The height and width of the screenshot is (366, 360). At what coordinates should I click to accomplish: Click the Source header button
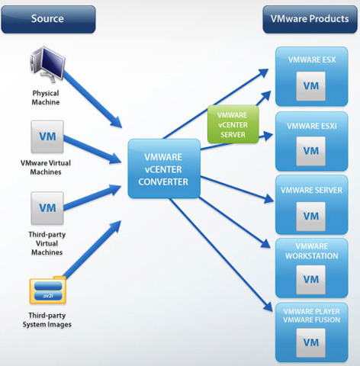[x=48, y=19]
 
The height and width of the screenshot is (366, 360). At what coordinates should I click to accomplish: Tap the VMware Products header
[x=310, y=19]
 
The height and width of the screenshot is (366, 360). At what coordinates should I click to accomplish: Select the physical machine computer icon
[x=47, y=64]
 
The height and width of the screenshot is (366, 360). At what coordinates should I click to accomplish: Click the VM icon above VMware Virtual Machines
[x=47, y=136]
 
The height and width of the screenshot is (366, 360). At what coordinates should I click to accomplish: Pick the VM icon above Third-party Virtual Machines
[x=47, y=208]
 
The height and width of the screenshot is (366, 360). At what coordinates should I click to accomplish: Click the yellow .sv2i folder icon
[x=48, y=290]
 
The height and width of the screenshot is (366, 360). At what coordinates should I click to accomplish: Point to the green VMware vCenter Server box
[x=233, y=124]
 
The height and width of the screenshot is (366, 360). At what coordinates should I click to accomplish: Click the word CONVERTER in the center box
[x=163, y=182]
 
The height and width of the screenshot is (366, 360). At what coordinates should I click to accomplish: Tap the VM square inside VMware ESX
[x=310, y=86]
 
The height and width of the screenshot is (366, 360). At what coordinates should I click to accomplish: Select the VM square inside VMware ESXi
[x=310, y=151]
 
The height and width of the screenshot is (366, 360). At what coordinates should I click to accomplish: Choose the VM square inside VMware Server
[x=310, y=217]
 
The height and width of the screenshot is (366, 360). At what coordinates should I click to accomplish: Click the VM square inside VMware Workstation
[x=310, y=280]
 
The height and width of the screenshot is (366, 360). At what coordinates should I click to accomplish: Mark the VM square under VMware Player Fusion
[x=310, y=343]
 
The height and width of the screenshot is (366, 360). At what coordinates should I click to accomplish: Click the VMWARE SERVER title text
[x=311, y=191]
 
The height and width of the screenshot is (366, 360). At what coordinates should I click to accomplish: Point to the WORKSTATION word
[x=312, y=256]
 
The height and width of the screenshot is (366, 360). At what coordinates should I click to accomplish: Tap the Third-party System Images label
[x=47, y=320]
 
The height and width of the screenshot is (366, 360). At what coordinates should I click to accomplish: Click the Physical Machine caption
[x=46, y=98]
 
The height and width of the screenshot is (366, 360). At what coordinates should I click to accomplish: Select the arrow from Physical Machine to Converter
[x=93, y=99]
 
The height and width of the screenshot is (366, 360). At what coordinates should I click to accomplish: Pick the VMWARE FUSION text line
[x=311, y=319]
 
